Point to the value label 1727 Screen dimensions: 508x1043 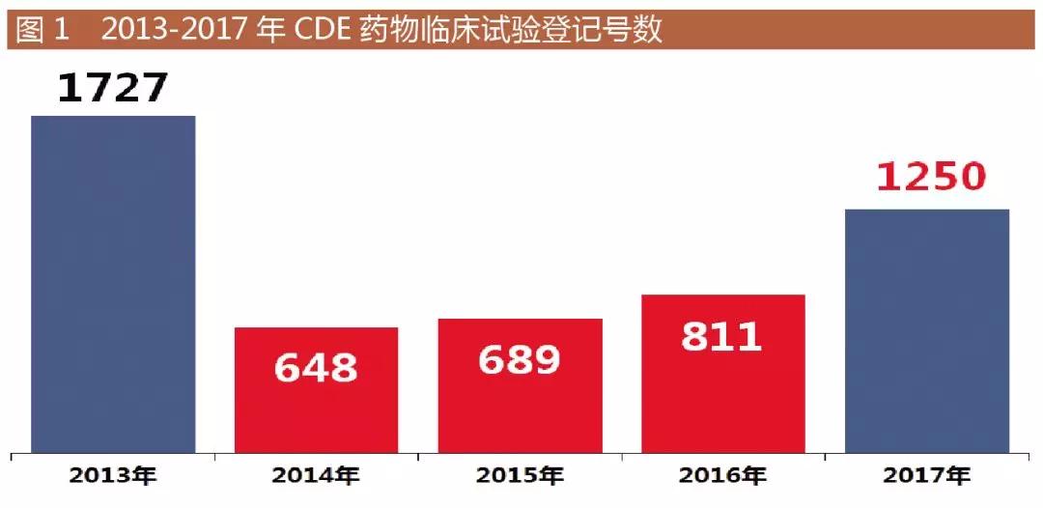click(113, 88)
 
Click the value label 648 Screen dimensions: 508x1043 click(316, 367)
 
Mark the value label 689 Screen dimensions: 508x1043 click(520, 359)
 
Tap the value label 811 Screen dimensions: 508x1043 click(722, 336)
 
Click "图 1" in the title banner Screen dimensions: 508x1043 click(43, 30)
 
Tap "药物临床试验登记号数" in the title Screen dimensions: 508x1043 click(511, 30)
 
